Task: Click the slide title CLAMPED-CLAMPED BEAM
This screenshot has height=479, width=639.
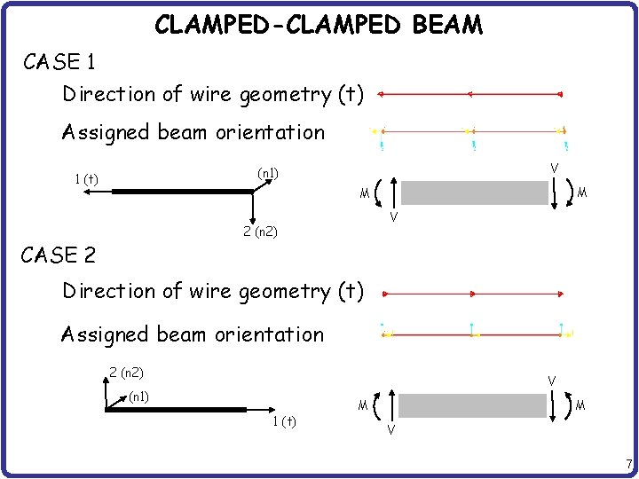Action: tap(319, 24)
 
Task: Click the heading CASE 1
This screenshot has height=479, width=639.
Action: tap(60, 62)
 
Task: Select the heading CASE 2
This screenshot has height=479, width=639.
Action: tap(59, 256)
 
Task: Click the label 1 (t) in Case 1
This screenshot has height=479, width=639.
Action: tap(86, 180)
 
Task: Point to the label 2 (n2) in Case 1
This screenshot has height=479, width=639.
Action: tap(260, 232)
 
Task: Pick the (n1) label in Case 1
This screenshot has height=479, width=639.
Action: tap(268, 173)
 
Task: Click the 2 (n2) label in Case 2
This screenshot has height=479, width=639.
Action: tap(126, 373)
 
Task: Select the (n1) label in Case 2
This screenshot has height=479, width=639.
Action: tap(138, 396)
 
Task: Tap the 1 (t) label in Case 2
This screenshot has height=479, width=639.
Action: tap(285, 420)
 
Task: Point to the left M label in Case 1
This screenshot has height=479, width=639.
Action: tap(364, 194)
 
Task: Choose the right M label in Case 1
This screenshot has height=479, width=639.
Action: tap(582, 192)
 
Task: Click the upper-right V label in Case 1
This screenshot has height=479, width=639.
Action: tap(554, 168)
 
